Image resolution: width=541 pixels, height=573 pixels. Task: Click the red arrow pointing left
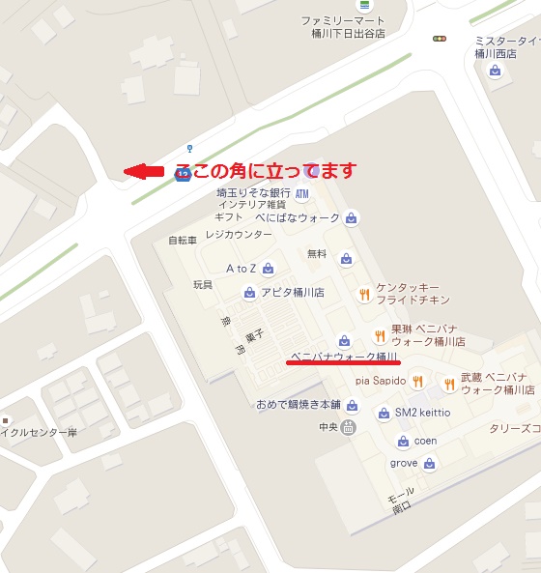pos(144,172)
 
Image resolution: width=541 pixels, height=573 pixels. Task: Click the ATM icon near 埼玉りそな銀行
pos(302,194)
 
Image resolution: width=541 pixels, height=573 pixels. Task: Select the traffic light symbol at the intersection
pos(440,39)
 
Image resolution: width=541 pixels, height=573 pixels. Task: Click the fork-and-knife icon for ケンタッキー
pos(364,295)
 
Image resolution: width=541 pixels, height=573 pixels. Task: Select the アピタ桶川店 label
pos(291,293)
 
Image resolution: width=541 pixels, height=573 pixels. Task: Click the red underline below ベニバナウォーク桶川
pos(344,364)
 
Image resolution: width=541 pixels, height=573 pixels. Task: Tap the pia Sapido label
pos(380,382)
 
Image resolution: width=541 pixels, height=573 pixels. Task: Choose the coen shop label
pos(426,442)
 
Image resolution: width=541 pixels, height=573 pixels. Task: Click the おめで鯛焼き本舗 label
pos(299,404)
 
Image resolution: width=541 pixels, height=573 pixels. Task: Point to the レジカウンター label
pos(239,235)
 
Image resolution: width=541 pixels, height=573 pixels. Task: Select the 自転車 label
pos(182,240)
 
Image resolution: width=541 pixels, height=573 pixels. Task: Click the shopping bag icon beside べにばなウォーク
pos(351,217)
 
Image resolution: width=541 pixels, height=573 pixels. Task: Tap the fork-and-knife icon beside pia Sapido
pos(417,382)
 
